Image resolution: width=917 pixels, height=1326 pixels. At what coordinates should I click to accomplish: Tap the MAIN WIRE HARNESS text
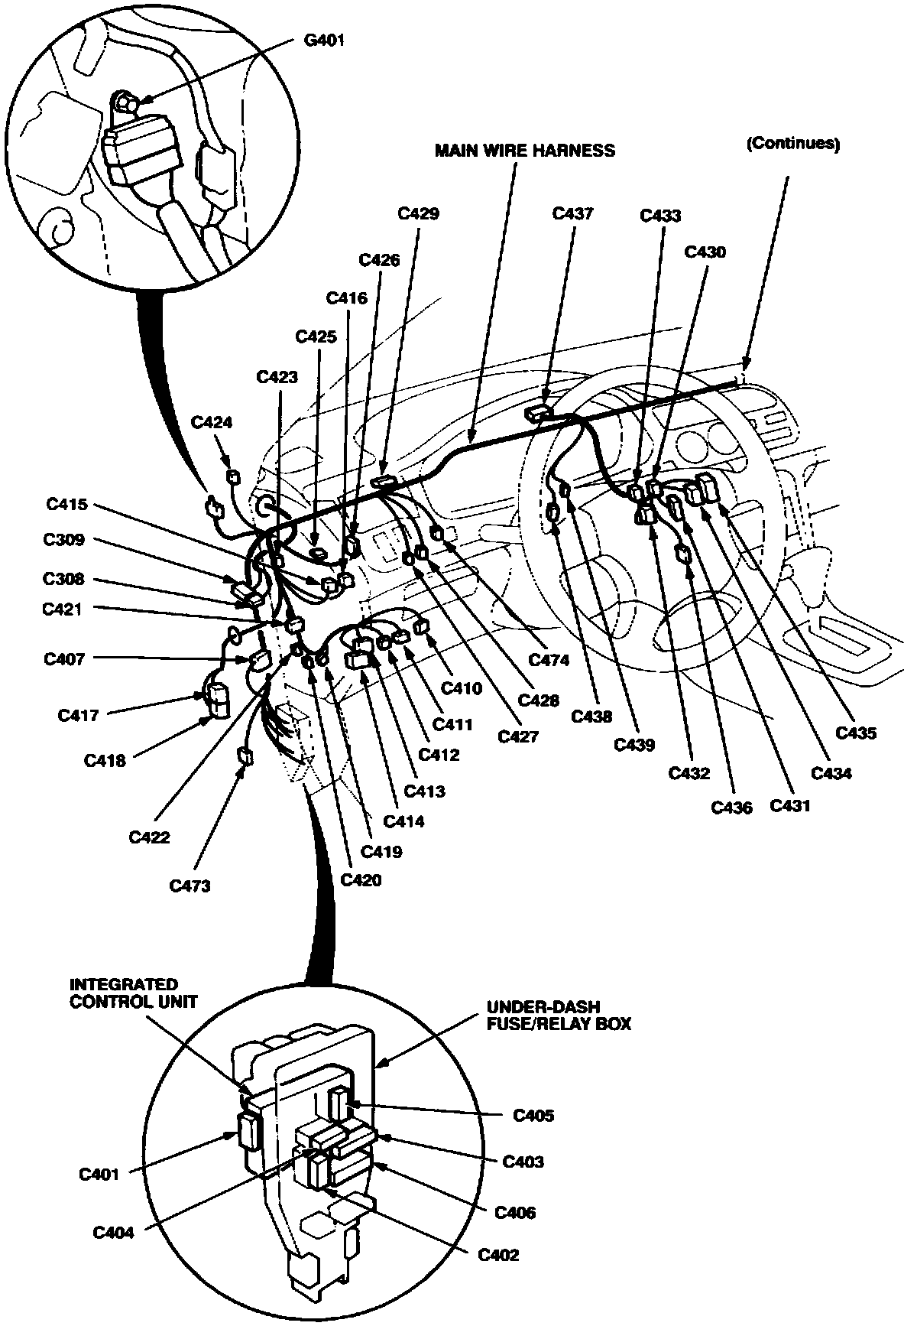click(524, 150)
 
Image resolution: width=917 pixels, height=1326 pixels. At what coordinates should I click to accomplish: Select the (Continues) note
click(792, 144)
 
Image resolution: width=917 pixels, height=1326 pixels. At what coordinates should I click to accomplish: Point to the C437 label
click(572, 213)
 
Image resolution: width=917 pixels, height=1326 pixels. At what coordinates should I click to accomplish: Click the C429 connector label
click(419, 213)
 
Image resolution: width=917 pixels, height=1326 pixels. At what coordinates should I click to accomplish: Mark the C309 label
click(64, 540)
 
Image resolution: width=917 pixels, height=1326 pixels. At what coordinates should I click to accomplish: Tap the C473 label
click(190, 886)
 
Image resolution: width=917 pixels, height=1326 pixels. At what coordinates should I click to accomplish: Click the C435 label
click(856, 733)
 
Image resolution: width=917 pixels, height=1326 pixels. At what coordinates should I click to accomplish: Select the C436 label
click(731, 807)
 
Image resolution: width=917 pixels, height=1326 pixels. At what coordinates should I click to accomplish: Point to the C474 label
click(549, 660)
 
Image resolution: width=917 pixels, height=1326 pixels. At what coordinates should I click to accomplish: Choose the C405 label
click(533, 1116)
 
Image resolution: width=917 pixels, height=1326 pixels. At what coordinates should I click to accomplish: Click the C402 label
click(498, 1255)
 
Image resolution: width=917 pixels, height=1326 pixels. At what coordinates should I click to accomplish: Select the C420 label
click(361, 879)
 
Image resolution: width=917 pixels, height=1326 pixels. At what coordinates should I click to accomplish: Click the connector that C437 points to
click(538, 414)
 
